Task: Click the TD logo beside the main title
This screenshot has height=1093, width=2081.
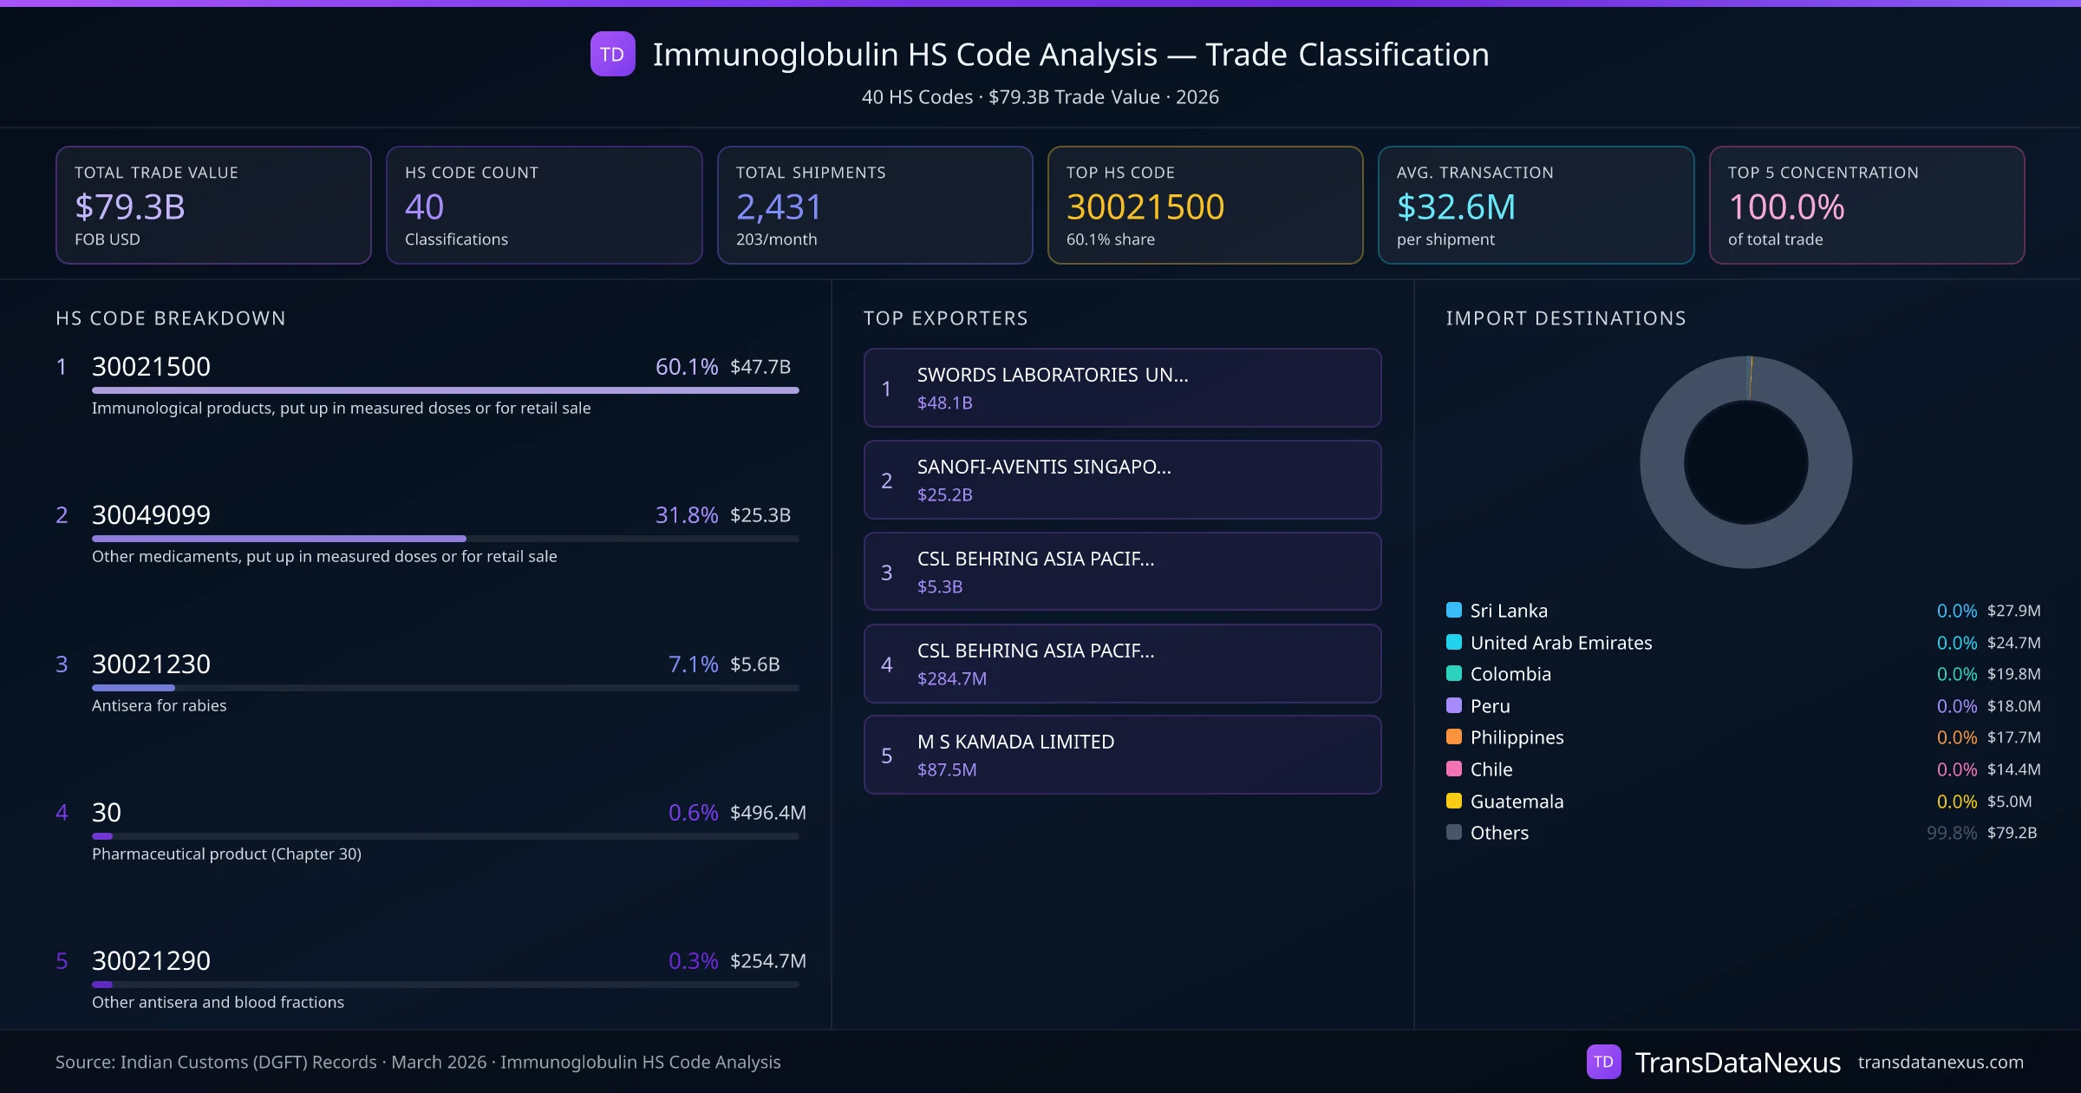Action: [x=612, y=54]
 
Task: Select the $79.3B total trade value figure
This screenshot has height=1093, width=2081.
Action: [x=130, y=207]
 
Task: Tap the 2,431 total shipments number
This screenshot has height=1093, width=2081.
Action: [x=778, y=207]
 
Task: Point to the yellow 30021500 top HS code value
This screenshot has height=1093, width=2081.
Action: [x=1145, y=207]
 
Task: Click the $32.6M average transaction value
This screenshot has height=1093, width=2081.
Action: [x=1456, y=207]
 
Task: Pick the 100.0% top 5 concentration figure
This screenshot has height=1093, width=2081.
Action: [x=1786, y=207]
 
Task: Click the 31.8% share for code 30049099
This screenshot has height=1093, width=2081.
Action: [x=686, y=515]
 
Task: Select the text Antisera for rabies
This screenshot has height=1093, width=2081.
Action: [x=159, y=706]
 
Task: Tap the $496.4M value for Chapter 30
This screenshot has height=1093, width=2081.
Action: [x=767, y=813]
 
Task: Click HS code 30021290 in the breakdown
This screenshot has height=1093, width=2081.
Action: [x=151, y=961]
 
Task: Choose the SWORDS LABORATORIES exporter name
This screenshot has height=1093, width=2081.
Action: [x=1052, y=375]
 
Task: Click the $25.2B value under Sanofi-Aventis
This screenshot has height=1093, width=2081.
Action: [x=944, y=495]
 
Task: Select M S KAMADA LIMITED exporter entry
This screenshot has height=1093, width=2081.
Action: [x=1015, y=742]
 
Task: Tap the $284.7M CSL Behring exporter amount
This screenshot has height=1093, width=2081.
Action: [x=951, y=679]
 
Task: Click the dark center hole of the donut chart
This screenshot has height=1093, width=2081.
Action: [x=1745, y=463]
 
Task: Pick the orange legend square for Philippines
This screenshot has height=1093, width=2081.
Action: [x=1454, y=737]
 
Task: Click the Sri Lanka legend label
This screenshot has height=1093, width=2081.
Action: [x=1508, y=611]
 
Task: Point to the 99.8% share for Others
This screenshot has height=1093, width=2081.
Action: [x=1951, y=834]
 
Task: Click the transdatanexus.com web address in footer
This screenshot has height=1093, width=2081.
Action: [x=1940, y=1063]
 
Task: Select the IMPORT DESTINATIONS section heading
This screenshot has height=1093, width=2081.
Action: [x=1565, y=318]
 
